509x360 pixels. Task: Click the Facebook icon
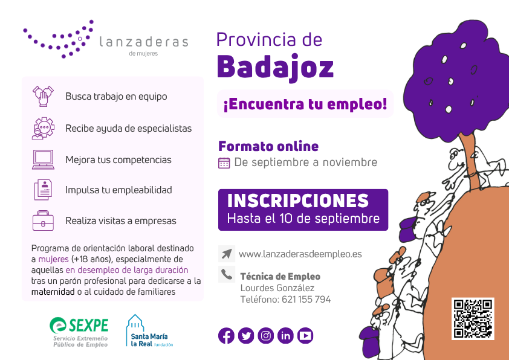226,336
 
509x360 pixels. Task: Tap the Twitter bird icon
246,336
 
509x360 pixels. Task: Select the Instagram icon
266,336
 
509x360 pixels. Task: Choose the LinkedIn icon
286,336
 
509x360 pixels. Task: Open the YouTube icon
305,336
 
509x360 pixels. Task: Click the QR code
473,318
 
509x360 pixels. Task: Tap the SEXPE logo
79,332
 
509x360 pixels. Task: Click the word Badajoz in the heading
275,67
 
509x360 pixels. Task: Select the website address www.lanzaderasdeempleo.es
300,254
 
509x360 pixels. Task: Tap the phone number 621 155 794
306,299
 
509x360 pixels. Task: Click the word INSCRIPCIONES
298,201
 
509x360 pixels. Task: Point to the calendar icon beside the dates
224,163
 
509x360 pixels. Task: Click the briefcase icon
43,220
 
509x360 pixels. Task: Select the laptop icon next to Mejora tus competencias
43,159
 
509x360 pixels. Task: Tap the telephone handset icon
227,274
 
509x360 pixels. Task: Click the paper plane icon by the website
227,254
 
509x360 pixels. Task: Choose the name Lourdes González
277,288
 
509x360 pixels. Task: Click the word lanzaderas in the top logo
143,42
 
